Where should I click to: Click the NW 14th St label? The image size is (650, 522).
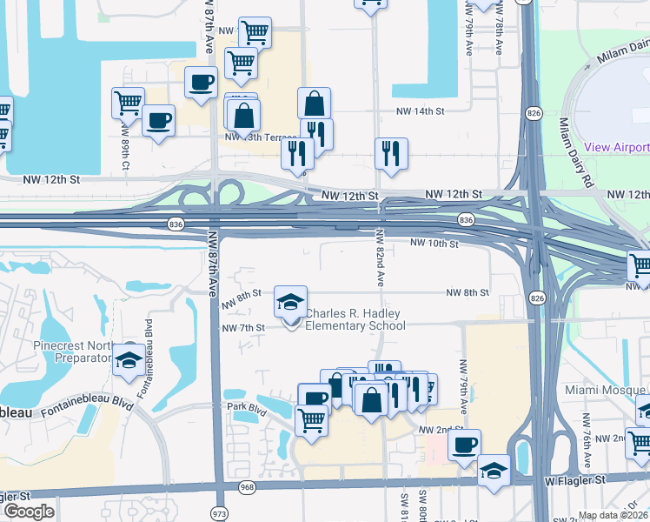(x=421, y=111)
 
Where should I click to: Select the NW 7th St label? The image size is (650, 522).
(x=242, y=328)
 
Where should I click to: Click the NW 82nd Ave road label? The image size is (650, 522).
(x=380, y=258)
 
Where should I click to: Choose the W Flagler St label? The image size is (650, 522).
(x=575, y=479)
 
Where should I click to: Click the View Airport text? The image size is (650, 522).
(x=616, y=147)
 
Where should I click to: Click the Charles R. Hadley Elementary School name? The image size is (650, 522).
(x=355, y=320)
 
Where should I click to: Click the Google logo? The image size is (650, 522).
(x=29, y=512)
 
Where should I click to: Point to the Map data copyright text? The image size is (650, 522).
(x=613, y=515)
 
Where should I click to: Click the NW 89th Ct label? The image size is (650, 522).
(x=127, y=154)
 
